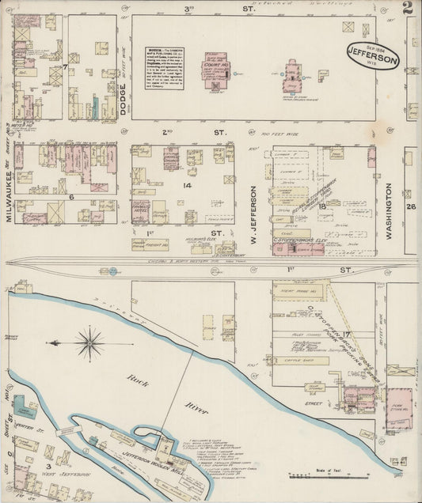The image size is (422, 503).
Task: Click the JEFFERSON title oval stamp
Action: [373, 55]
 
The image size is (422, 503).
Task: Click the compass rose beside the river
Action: [89, 343]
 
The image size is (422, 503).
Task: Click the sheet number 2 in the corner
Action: [407, 9]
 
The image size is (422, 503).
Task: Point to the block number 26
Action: [410, 207]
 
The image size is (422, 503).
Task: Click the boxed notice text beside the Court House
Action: [165, 56]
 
